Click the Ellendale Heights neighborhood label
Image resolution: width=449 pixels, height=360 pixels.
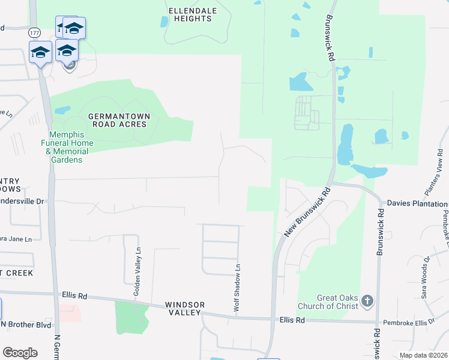(190, 14)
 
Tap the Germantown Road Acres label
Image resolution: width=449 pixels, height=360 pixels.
(118, 120)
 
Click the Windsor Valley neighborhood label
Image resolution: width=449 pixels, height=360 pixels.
(183, 308)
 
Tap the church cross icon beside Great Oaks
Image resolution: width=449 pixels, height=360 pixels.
(367, 301)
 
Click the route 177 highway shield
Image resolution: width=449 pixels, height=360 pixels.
(34, 32)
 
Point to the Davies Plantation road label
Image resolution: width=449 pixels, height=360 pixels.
(417, 203)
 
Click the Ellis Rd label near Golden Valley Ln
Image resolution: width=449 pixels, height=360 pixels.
(74, 295)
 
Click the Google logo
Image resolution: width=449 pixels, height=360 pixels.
(20, 352)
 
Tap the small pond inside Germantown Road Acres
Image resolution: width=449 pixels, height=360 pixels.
(62, 110)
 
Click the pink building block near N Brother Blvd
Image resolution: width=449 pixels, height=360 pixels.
(70, 313)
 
